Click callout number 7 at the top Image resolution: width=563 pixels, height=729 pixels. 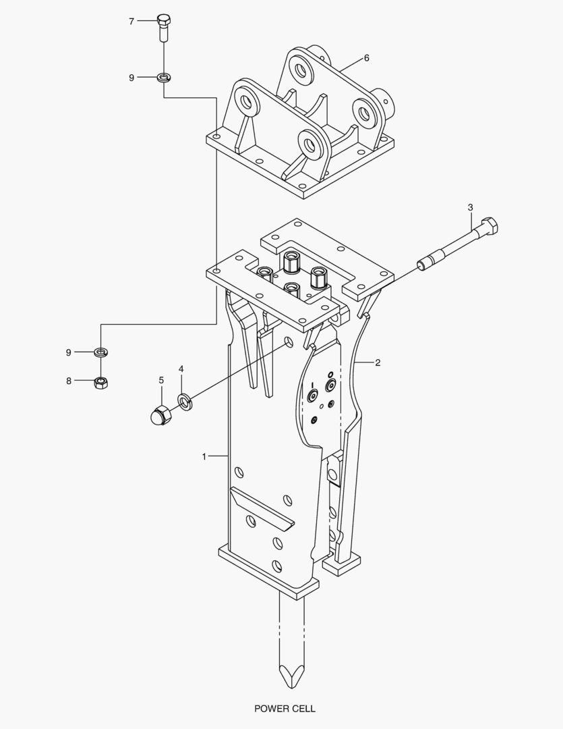(131, 22)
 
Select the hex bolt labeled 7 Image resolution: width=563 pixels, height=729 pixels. (164, 26)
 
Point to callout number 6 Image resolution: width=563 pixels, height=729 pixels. (366, 58)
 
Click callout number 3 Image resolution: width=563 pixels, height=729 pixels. (471, 207)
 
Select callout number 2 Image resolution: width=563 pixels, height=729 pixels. (378, 363)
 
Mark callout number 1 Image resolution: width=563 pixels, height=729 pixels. (204, 456)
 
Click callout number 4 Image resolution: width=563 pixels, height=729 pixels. (181, 369)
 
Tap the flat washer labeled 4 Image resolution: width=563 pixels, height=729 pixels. (184, 402)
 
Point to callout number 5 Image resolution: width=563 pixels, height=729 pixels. (160, 381)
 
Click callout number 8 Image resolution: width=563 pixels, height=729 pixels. (69, 381)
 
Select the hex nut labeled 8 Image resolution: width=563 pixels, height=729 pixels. (101, 383)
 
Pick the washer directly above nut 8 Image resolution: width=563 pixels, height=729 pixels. (101, 352)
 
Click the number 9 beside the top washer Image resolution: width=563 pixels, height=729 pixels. (131, 78)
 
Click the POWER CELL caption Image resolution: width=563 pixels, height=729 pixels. (285, 709)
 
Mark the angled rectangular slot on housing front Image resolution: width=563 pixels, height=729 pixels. (262, 508)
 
